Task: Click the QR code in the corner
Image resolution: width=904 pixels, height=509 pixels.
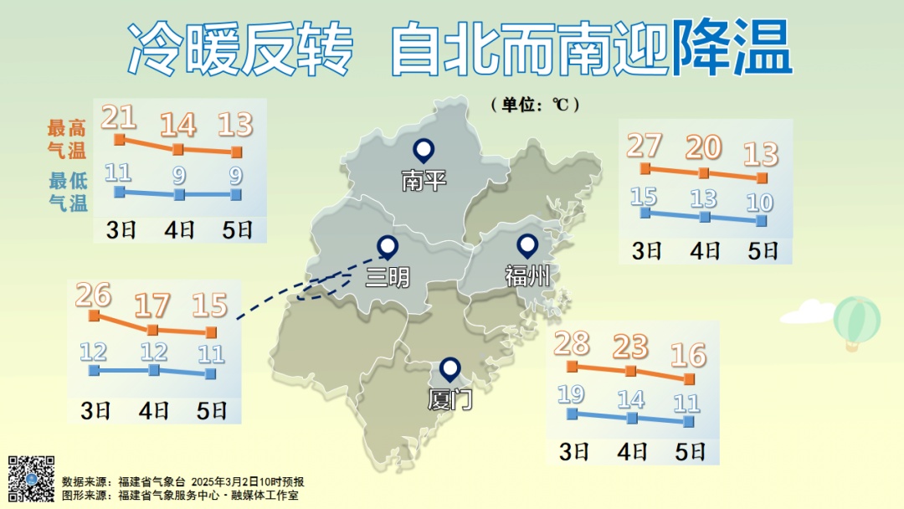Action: (32, 478)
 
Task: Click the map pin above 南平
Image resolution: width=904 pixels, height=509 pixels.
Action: (424, 152)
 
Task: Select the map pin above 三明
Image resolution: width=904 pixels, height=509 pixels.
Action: (388, 246)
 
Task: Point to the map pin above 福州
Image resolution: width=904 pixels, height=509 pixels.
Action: (527, 245)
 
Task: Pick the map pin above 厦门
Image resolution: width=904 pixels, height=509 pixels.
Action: (450, 369)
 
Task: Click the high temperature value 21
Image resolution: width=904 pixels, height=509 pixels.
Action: (118, 117)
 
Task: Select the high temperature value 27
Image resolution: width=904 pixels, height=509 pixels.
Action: (644, 146)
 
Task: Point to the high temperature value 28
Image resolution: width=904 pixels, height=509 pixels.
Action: (572, 343)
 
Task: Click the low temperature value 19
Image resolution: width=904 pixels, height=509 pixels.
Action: (572, 394)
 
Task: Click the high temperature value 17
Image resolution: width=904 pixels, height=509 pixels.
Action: (152, 305)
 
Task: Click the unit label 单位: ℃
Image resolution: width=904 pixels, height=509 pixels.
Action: (536, 105)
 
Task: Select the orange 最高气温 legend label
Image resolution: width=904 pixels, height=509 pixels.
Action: (67, 139)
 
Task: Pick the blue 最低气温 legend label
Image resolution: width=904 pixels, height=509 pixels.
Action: (68, 192)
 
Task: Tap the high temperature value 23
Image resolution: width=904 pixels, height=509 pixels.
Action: (631, 346)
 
